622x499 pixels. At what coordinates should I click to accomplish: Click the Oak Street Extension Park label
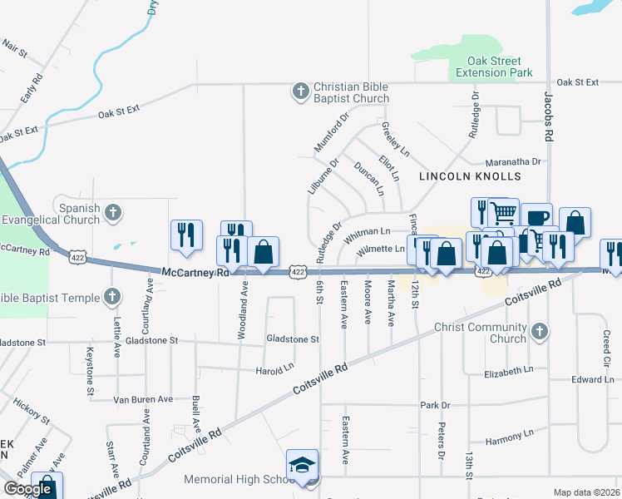(x=494, y=67)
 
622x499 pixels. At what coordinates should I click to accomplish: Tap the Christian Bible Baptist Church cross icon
(x=300, y=91)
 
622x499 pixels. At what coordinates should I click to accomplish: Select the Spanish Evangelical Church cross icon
(x=113, y=214)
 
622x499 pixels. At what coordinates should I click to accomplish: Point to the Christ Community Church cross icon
(x=539, y=333)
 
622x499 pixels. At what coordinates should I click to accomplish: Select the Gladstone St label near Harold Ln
(x=292, y=339)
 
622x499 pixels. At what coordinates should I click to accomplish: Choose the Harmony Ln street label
(x=509, y=434)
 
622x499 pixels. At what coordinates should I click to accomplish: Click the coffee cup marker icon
(x=536, y=218)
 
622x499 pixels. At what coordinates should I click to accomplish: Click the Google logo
(x=27, y=489)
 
